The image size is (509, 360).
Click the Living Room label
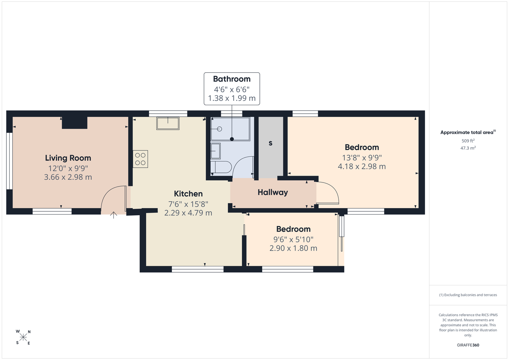[68, 158]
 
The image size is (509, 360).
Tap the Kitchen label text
[188, 194]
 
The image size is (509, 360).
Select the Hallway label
[273, 193]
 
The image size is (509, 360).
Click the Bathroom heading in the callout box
[232, 79]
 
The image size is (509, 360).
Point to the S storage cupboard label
[271, 143]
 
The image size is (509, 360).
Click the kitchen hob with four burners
[140, 159]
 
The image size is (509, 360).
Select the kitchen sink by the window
[168, 123]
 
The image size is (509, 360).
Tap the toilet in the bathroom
[221, 167]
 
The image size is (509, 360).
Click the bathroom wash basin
[215, 151]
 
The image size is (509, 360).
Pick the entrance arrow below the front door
[113, 215]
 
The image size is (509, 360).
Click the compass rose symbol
[23, 337]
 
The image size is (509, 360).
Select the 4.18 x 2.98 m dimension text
[362, 166]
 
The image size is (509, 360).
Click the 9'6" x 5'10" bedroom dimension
[293, 239]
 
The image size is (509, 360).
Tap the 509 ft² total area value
[468, 141]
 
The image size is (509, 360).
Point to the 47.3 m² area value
[468, 148]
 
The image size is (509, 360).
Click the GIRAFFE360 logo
[468, 345]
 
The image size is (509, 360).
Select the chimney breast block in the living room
[75, 123]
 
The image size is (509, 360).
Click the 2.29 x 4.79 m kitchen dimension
[188, 213]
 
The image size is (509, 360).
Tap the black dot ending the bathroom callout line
[232, 139]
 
